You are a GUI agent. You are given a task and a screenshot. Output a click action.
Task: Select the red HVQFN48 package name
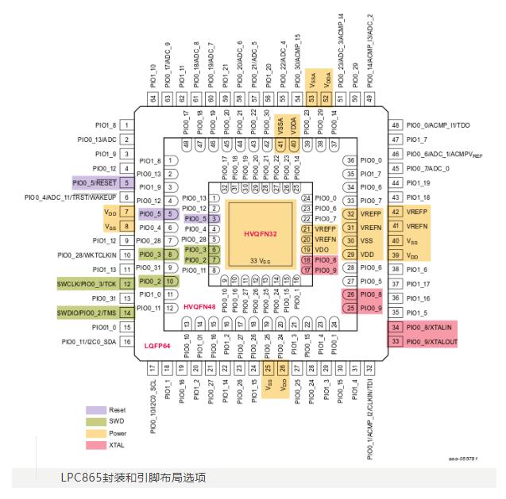point(198,306)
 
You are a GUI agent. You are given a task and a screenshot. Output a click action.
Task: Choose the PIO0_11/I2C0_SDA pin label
point(85,341)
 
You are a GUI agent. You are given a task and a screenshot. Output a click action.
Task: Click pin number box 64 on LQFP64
point(153,98)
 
